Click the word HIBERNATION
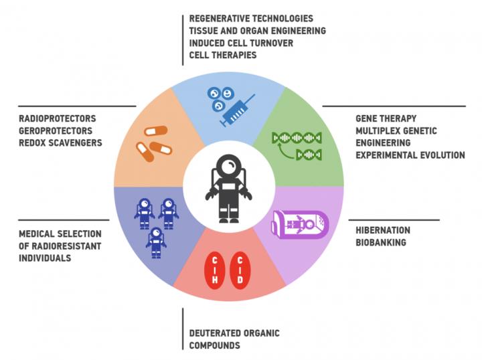coord(383,230)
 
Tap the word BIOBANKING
coord(381,243)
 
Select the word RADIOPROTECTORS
coord(58,118)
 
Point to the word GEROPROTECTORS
coord(56,131)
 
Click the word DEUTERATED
coord(215,333)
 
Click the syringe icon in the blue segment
coord(238,110)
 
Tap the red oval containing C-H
coord(215,270)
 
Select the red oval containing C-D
coord(240,270)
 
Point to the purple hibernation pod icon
coord(300,225)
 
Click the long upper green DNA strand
coord(297,138)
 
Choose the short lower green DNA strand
coord(309,155)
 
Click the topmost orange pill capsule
coord(156,131)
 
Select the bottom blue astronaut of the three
coord(156,243)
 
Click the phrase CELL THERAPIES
coord(223,56)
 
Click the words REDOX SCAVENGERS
coord(60,143)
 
